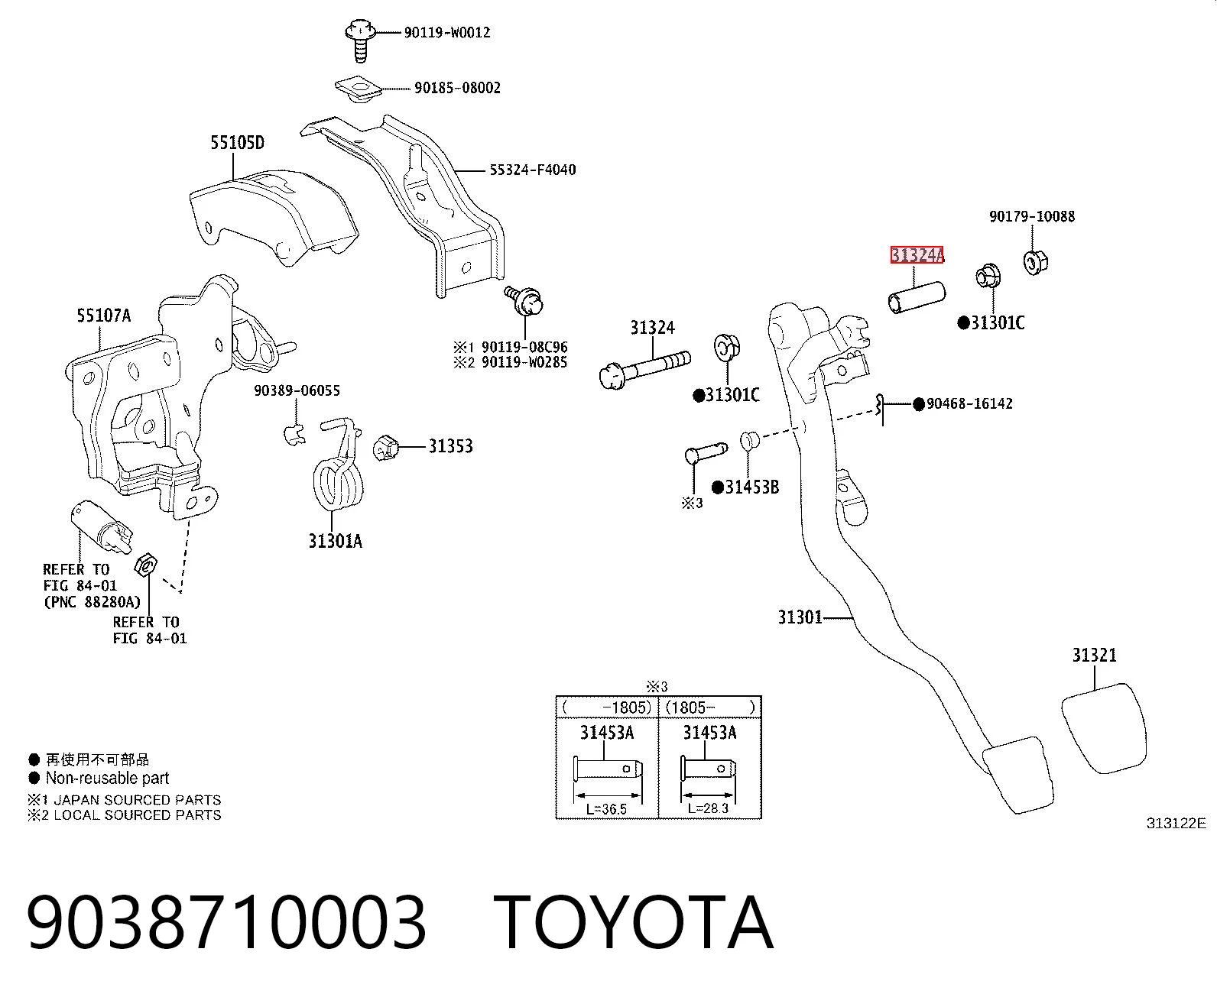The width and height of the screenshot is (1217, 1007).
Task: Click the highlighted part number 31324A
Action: (917, 255)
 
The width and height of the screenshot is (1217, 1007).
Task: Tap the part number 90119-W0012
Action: (447, 33)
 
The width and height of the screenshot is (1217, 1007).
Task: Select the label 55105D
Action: (237, 142)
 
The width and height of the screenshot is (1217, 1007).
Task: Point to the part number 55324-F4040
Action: (532, 170)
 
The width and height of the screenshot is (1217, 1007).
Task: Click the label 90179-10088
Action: (1032, 216)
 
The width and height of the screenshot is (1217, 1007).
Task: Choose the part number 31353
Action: (450, 446)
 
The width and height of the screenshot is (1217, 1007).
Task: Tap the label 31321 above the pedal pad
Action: (1094, 655)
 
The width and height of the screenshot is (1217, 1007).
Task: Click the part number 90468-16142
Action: (969, 403)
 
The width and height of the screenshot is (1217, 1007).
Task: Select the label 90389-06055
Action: (297, 390)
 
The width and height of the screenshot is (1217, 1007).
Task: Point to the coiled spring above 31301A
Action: (339, 466)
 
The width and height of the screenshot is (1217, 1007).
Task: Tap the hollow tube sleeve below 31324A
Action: (917, 297)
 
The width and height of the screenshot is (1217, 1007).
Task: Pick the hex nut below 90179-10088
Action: (1036, 262)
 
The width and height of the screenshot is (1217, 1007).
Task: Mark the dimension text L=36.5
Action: (606, 809)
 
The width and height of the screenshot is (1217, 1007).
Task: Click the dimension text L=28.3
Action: (708, 808)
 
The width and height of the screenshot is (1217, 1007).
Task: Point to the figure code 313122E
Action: (1176, 824)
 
